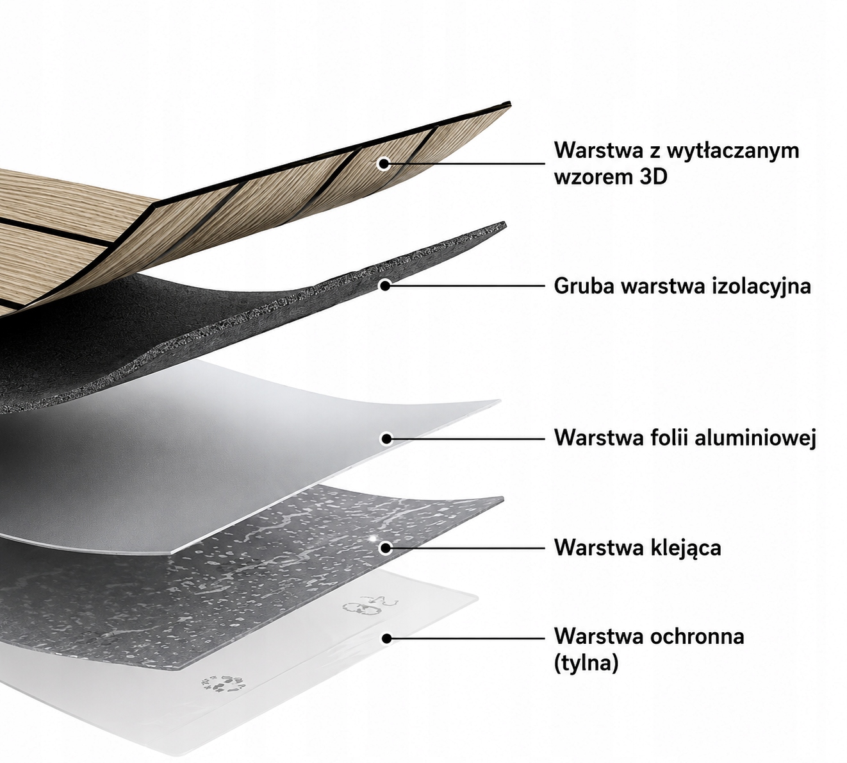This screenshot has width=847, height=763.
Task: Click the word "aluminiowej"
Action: click(x=755, y=437)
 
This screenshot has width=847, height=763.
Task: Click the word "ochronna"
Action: click(x=696, y=637)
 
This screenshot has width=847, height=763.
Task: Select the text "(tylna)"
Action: click(x=586, y=663)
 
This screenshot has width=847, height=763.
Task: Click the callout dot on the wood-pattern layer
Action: click(x=384, y=163)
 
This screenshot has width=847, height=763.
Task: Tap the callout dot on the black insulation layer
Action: click(x=384, y=286)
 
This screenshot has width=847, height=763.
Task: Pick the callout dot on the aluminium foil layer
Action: click(x=386, y=439)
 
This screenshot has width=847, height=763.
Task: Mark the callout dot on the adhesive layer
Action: click(x=385, y=549)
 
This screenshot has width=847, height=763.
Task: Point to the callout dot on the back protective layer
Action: click(x=387, y=639)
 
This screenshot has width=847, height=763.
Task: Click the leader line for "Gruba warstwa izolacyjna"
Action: click(x=465, y=286)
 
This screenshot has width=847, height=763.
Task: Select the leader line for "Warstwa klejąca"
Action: click(x=465, y=548)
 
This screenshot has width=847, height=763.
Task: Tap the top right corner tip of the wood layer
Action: click(x=510, y=103)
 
